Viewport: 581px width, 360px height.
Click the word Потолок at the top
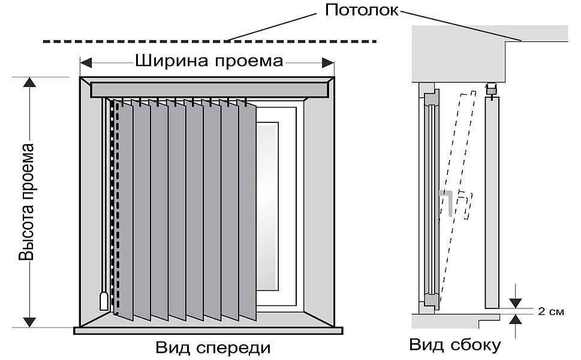point(363,10)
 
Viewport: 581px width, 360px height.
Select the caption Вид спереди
point(213,347)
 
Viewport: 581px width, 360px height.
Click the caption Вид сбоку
point(455,345)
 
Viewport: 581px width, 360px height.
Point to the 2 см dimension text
point(550,312)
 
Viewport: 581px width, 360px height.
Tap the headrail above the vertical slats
point(210,90)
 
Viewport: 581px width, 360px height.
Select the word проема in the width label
point(251,61)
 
